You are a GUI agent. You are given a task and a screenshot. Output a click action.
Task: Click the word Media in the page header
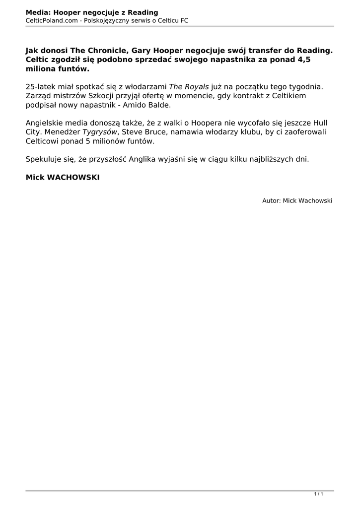[x=37, y=12]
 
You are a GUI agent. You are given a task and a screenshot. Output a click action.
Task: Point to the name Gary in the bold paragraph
[x=141, y=50]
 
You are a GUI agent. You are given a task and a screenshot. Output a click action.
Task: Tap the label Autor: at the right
[x=271, y=200]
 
